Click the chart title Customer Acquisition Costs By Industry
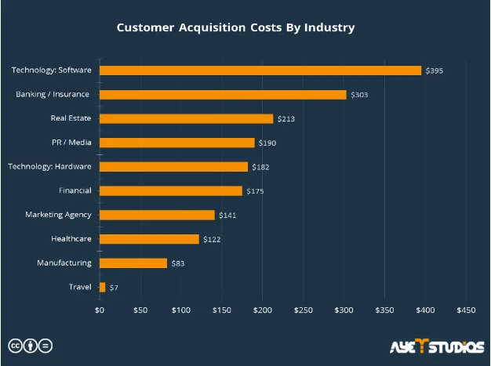(235, 27)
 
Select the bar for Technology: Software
(260, 71)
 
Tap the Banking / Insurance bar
(223, 95)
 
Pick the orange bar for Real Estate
(187, 118)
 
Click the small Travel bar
(102, 288)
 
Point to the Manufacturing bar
(133, 263)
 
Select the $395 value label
(434, 71)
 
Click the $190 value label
(267, 143)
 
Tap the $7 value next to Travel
(114, 288)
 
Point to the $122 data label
(212, 239)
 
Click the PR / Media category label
(70, 143)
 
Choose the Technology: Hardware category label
(49, 166)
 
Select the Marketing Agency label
(58, 215)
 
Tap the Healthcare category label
(71, 238)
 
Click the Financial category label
(75, 190)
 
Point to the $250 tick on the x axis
(303, 310)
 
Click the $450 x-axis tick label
(466, 310)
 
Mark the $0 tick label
(100, 310)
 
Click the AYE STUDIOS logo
(436, 346)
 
